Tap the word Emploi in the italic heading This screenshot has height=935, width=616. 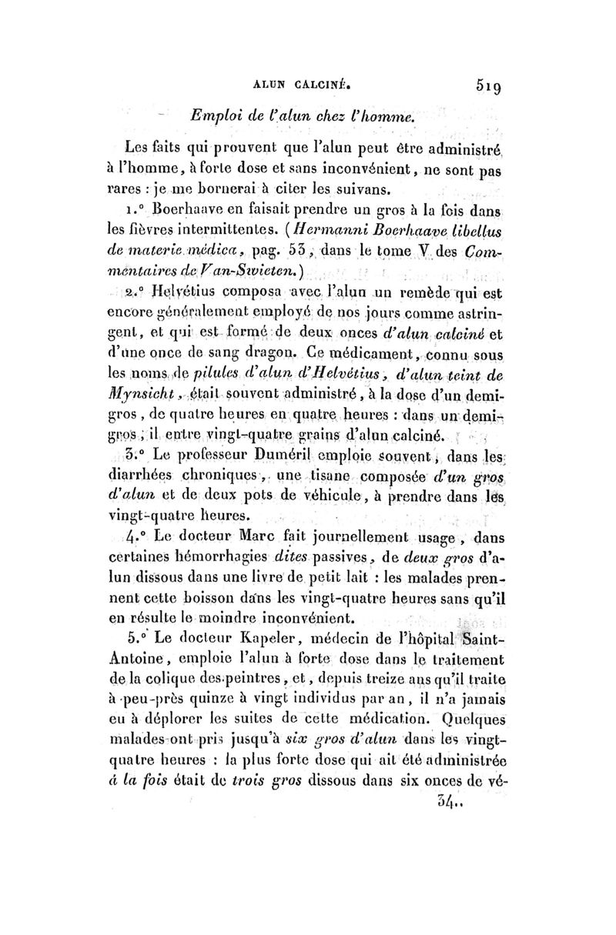click(x=212, y=116)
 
